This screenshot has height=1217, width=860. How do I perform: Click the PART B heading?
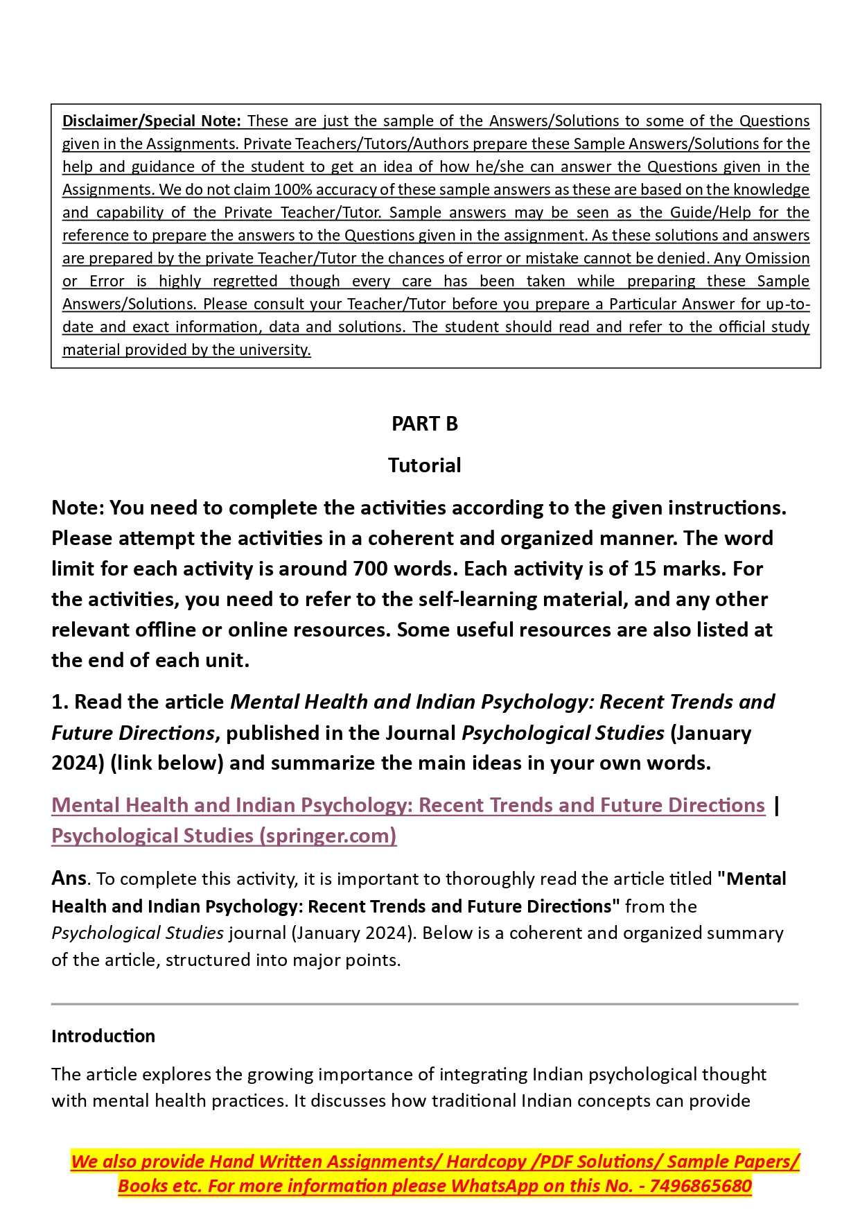pyautogui.click(x=424, y=424)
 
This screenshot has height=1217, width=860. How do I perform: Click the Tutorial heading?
pyautogui.click(x=424, y=465)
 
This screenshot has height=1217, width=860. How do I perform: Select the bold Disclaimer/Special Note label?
pyautogui.click(x=151, y=121)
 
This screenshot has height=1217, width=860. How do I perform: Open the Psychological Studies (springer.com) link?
pyautogui.click(x=224, y=836)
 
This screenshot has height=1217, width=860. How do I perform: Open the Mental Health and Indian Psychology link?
pyautogui.click(x=408, y=805)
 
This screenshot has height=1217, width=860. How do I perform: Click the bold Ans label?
pyautogui.click(x=69, y=878)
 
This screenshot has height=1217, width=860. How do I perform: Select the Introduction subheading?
pyautogui.click(x=103, y=1036)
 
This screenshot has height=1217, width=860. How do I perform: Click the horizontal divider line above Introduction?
pyautogui.click(x=424, y=1003)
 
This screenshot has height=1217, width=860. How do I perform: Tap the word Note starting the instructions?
pyautogui.click(x=77, y=508)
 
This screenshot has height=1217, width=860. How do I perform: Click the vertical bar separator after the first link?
pyautogui.click(x=777, y=805)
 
